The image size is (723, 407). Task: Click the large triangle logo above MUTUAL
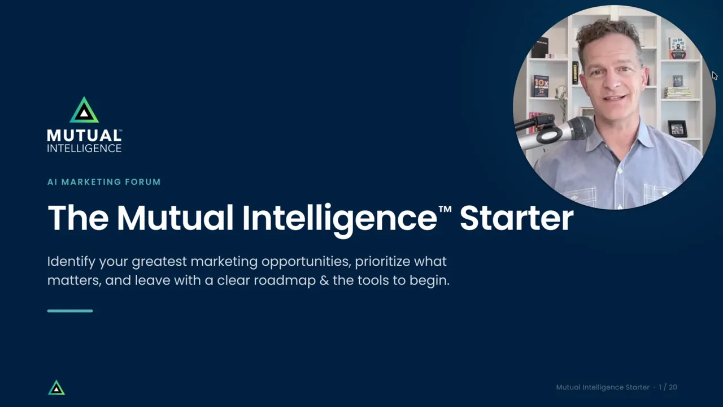(x=84, y=110)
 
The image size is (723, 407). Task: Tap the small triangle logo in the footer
(x=56, y=388)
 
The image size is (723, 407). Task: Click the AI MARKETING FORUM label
(x=104, y=182)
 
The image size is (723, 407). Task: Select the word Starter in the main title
(x=516, y=218)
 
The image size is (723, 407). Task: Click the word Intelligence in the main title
(x=339, y=220)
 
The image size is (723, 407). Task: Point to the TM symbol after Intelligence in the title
(x=445, y=209)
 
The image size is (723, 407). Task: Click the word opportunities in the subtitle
(x=306, y=262)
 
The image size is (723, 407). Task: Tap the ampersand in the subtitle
(x=324, y=280)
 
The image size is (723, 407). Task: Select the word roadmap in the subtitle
(x=285, y=280)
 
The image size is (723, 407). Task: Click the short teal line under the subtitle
(x=70, y=311)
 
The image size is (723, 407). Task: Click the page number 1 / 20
(x=668, y=387)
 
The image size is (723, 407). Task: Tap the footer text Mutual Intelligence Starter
(x=603, y=387)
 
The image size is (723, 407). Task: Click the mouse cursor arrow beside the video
(x=715, y=76)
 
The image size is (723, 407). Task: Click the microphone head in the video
(x=578, y=128)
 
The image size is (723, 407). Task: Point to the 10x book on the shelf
(x=541, y=86)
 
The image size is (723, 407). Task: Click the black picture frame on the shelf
(x=677, y=128)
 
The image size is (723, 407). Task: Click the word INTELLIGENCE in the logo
(x=84, y=148)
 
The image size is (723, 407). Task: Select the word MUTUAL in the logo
(x=84, y=136)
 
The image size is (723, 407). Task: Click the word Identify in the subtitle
(x=71, y=262)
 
